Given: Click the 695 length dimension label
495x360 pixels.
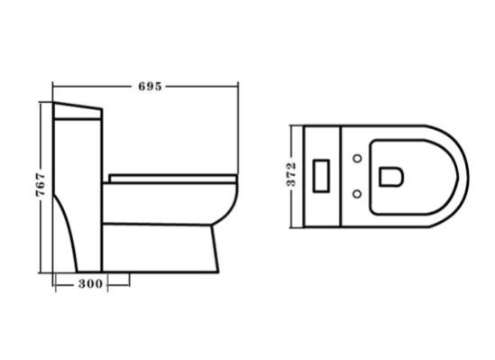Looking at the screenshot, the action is pyautogui.click(x=150, y=87).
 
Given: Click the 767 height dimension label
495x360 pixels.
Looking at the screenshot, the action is pyautogui.click(x=41, y=185).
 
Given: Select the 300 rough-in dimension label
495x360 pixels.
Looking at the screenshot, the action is pyautogui.click(x=90, y=283).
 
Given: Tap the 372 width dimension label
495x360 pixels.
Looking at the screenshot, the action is pyautogui.click(x=291, y=174).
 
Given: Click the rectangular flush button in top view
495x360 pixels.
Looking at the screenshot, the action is pyautogui.click(x=321, y=176).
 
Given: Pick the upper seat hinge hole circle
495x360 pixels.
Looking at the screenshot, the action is pyautogui.click(x=357, y=158).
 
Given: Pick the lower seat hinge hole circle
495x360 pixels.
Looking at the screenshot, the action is pyautogui.click(x=357, y=194).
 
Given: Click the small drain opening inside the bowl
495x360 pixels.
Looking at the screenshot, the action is pyautogui.click(x=391, y=177).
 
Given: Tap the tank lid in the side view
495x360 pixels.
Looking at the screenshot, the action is pyautogui.click(x=78, y=111).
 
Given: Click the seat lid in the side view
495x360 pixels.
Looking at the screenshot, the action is pyautogui.click(x=173, y=179).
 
